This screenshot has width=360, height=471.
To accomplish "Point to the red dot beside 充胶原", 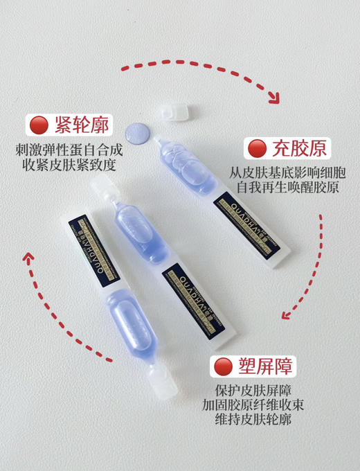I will [x=257, y=148].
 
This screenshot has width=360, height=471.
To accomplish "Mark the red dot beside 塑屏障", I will [x=223, y=366].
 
